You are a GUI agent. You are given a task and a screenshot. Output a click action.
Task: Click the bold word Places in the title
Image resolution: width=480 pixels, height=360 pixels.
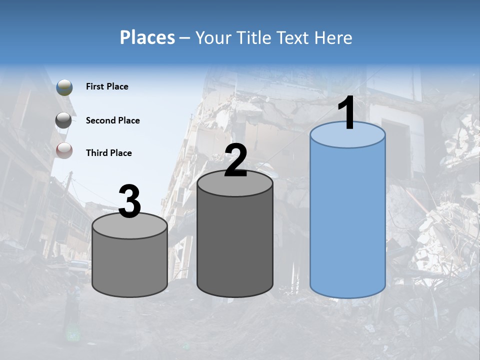[147, 37]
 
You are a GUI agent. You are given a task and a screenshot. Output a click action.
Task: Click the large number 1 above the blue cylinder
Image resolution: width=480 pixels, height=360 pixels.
[347, 113]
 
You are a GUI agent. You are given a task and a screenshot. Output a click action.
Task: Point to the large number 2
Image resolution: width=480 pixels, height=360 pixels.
[235, 160]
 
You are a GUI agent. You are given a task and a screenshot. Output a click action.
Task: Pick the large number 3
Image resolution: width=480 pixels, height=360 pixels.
[129, 202]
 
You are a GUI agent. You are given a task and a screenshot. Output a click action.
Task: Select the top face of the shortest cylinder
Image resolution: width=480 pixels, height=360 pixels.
[130, 226]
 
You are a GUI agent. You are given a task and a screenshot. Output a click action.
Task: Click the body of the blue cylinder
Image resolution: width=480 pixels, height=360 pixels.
[347, 220]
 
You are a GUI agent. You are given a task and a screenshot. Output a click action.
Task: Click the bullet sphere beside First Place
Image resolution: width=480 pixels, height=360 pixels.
[64, 87]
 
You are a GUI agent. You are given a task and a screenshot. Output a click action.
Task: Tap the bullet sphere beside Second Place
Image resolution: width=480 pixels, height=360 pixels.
[63, 120]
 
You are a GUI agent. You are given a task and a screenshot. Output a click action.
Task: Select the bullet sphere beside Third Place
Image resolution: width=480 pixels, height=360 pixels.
[64, 151]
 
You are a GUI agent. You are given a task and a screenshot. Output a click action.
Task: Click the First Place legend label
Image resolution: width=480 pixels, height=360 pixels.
[107, 86]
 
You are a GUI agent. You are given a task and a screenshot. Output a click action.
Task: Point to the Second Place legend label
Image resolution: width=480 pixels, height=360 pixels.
[112, 120]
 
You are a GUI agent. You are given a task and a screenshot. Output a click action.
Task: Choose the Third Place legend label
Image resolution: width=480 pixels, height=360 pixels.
[108, 153]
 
